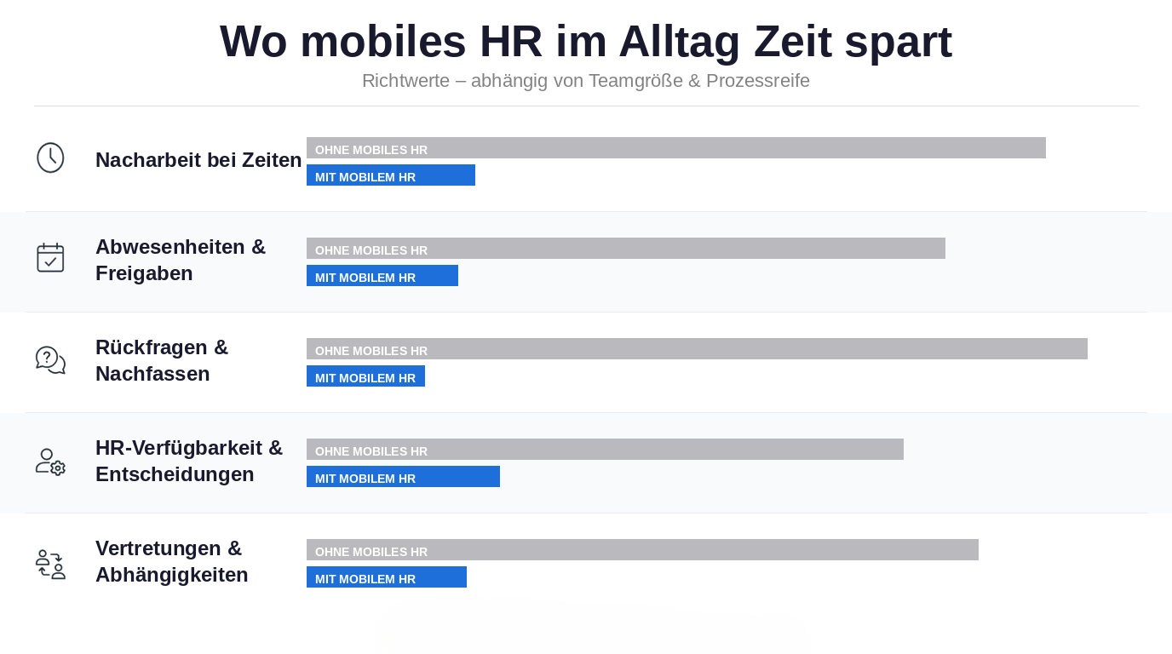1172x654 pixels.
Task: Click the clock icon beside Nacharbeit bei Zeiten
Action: (50, 158)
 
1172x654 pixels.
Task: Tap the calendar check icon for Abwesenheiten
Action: (50, 257)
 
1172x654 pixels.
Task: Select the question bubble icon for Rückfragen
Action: (50, 359)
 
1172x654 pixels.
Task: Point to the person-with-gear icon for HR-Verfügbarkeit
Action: (50, 461)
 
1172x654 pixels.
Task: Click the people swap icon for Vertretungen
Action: (50, 564)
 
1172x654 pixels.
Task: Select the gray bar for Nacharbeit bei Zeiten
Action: (675, 148)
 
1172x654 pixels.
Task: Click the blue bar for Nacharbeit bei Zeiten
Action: (390, 175)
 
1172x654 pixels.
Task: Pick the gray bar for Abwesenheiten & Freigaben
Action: (625, 249)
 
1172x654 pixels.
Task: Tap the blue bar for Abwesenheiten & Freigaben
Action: (382, 276)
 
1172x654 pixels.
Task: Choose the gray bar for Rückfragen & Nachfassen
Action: (697, 349)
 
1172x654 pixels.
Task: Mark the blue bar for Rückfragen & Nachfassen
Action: (365, 376)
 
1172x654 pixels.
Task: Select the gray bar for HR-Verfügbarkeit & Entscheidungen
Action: (605, 450)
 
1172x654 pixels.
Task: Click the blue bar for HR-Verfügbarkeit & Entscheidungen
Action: (403, 477)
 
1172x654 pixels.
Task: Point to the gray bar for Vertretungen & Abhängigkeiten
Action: (642, 550)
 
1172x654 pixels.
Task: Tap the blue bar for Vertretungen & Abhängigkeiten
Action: (386, 577)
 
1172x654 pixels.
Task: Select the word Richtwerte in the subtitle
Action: (405, 81)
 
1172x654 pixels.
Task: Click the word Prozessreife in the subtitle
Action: (757, 81)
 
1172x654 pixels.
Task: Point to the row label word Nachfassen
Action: (152, 374)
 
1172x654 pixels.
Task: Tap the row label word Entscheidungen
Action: (175, 474)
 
